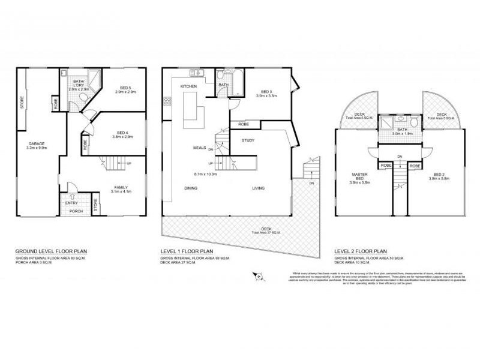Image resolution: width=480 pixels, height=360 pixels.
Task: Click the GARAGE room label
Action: (37, 143)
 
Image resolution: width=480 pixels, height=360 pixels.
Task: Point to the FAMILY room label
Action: (122, 187)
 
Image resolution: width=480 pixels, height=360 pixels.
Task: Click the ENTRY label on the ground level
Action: (71, 203)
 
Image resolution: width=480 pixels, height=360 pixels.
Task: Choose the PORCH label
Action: (76, 211)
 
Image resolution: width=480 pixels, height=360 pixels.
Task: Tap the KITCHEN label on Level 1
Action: (190, 88)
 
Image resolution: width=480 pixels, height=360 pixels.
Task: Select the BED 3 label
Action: (264, 91)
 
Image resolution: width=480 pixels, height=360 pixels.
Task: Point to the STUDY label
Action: (248, 140)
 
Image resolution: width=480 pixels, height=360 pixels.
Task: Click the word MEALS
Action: (200, 147)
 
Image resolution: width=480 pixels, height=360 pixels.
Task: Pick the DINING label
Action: (191, 188)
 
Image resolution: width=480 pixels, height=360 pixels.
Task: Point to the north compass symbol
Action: (259, 276)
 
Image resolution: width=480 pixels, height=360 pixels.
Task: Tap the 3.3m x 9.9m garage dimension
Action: (37, 147)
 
